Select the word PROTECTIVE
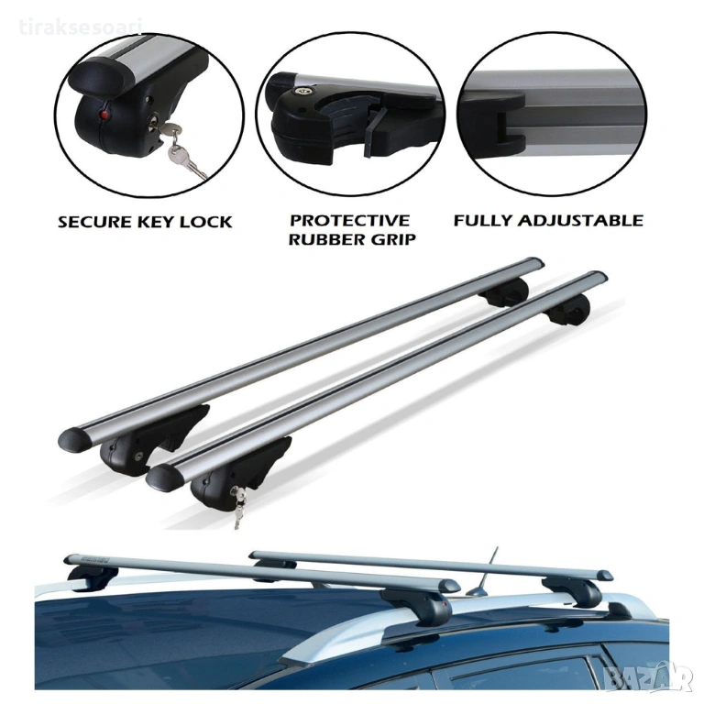coord(350,220)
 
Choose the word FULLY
coord(481,220)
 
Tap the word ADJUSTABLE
coord(579,220)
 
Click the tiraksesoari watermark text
coord(81,27)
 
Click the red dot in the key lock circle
coord(104,115)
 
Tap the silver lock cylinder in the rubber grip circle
coord(299,91)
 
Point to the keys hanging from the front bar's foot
coord(239,507)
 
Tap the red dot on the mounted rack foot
coord(445,605)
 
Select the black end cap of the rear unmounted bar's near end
coord(74,440)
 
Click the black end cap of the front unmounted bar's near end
coord(164,478)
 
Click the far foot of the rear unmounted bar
coord(505,292)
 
